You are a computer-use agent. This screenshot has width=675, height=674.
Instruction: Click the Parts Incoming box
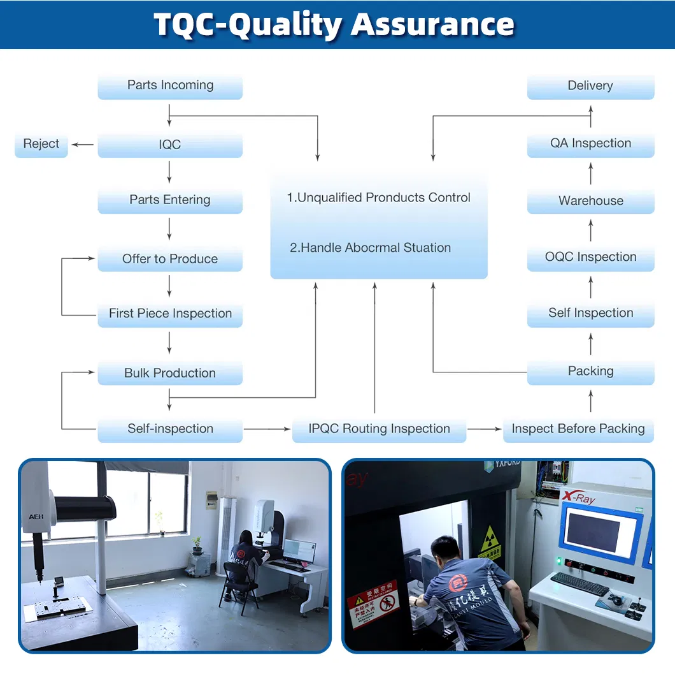(170, 86)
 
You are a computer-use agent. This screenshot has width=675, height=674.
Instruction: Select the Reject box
(41, 144)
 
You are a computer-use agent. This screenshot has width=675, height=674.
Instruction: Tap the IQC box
(170, 145)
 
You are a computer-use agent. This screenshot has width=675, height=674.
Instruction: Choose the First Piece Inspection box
(170, 314)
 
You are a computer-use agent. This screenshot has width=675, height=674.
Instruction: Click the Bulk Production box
(170, 373)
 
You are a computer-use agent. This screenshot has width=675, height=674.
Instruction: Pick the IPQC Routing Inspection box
(379, 429)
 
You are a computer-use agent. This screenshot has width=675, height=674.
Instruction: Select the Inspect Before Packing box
(578, 429)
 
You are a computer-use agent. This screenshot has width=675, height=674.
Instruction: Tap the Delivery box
(590, 86)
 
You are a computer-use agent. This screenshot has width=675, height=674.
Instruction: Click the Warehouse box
(590, 201)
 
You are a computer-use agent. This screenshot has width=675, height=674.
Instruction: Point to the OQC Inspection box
(590, 257)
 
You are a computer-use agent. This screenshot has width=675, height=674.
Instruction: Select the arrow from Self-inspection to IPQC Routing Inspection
(267, 429)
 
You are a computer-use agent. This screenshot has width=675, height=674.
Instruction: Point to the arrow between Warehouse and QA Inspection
(590, 173)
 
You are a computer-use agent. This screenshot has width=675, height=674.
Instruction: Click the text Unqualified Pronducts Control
(379, 198)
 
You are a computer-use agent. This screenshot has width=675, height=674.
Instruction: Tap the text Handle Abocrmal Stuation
(370, 248)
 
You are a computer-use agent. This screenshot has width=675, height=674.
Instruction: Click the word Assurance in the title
(433, 24)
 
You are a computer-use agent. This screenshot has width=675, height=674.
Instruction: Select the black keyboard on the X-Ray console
(579, 583)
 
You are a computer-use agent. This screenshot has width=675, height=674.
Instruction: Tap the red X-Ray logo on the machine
(578, 497)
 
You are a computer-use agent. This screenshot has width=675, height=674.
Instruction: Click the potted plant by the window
(197, 543)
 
